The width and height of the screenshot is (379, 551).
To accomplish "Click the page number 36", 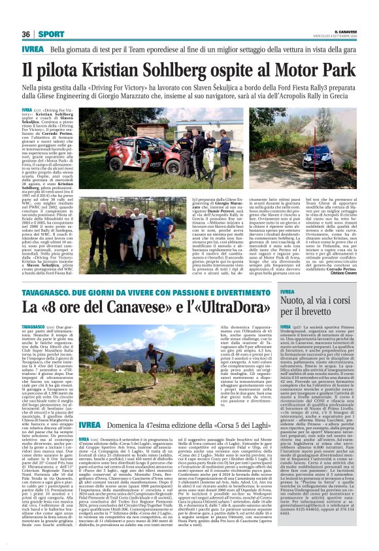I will click(x=25, y=34).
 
